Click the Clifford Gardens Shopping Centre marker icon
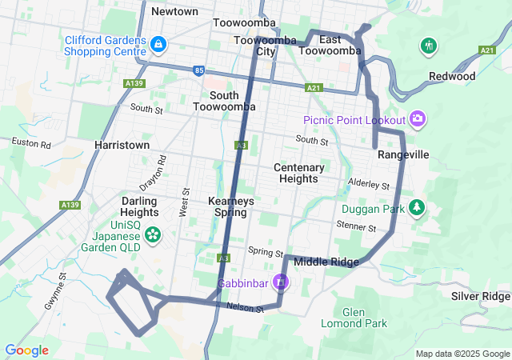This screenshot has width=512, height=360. (158, 42)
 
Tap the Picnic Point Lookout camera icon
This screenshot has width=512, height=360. (417, 120)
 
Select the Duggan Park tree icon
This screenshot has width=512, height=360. (416, 208)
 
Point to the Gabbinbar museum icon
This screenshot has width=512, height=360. (280, 282)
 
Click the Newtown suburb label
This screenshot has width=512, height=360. (174, 11)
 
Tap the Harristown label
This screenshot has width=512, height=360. (122, 146)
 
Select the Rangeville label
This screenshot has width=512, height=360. (403, 154)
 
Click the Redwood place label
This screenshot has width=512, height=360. (452, 77)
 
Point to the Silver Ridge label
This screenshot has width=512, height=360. (480, 296)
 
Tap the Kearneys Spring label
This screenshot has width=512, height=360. (230, 206)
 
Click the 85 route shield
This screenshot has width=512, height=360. (198, 70)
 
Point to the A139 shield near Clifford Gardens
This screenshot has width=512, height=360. (134, 82)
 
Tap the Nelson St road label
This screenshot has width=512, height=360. (245, 307)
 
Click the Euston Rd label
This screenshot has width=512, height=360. (31, 144)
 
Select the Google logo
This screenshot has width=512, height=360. (26, 350)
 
